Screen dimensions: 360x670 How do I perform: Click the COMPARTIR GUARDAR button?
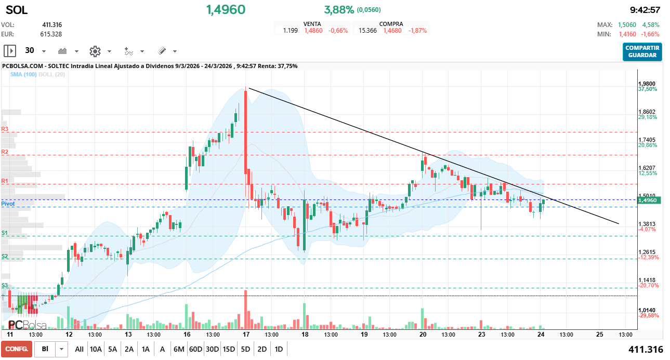pos(642,51)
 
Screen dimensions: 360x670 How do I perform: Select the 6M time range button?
pos(179,349)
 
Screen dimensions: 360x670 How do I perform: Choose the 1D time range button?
pos(279,349)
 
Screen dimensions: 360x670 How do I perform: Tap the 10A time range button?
pos(96,349)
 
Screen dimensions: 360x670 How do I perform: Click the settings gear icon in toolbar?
pos(95,51)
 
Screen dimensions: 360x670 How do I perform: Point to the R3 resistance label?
pos(5,129)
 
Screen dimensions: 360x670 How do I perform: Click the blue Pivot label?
pos(8,204)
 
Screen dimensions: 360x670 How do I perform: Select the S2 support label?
pos(5,256)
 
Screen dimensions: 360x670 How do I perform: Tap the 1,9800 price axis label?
pos(647,84)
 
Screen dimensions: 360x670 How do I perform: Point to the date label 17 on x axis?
pos(245,335)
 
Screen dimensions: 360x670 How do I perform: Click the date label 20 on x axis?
pos(423,335)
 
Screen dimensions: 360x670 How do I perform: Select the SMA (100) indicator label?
pos(23,75)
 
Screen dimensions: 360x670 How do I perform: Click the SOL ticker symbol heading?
pos(17,10)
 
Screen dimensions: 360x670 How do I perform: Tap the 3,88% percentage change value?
pos(339,10)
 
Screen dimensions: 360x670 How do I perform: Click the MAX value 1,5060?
pos(627,25)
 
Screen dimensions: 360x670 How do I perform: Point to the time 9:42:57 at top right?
pos(645,10)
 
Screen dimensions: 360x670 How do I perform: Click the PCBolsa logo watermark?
pos(27,325)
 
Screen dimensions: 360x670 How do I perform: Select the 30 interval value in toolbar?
pos(30,51)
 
